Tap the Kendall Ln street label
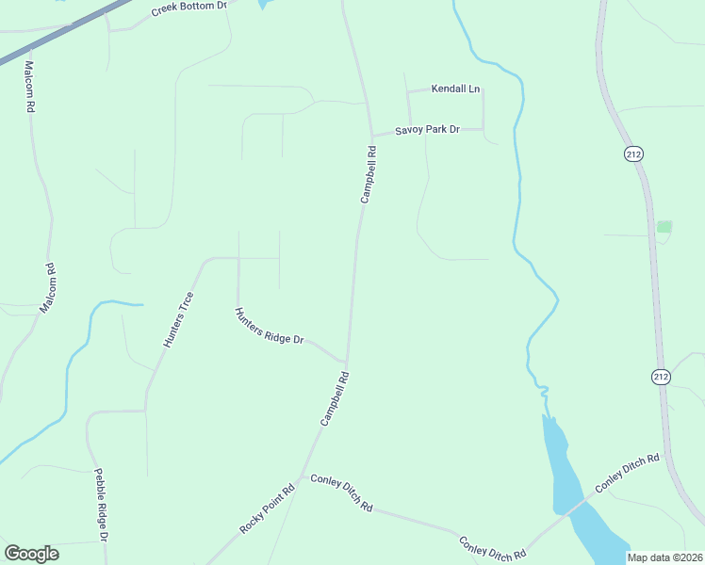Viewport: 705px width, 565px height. (x=455, y=89)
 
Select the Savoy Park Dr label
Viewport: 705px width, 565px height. (x=427, y=129)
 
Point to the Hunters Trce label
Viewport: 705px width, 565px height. (x=178, y=319)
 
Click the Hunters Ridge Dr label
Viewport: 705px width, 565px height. (x=269, y=325)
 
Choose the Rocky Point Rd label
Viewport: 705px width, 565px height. (x=267, y=508)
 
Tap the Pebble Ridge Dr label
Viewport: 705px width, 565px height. (x=101, y=505)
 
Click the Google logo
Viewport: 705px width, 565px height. (x=31, y=554)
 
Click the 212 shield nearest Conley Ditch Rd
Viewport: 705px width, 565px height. (x=661, y=377)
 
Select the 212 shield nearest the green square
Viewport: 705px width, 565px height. (x=632, y=153)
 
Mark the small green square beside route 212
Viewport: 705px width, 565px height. (x=664, y=227)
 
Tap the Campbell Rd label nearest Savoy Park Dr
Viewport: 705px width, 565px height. (x=369, y=174)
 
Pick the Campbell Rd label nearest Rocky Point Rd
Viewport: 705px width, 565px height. (x=335, y=398)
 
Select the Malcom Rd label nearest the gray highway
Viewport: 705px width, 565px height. (x=29, y=88)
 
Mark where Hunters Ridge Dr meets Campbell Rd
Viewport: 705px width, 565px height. (x=347, y=361)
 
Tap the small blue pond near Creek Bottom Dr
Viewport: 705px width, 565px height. (x=263, y=5)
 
